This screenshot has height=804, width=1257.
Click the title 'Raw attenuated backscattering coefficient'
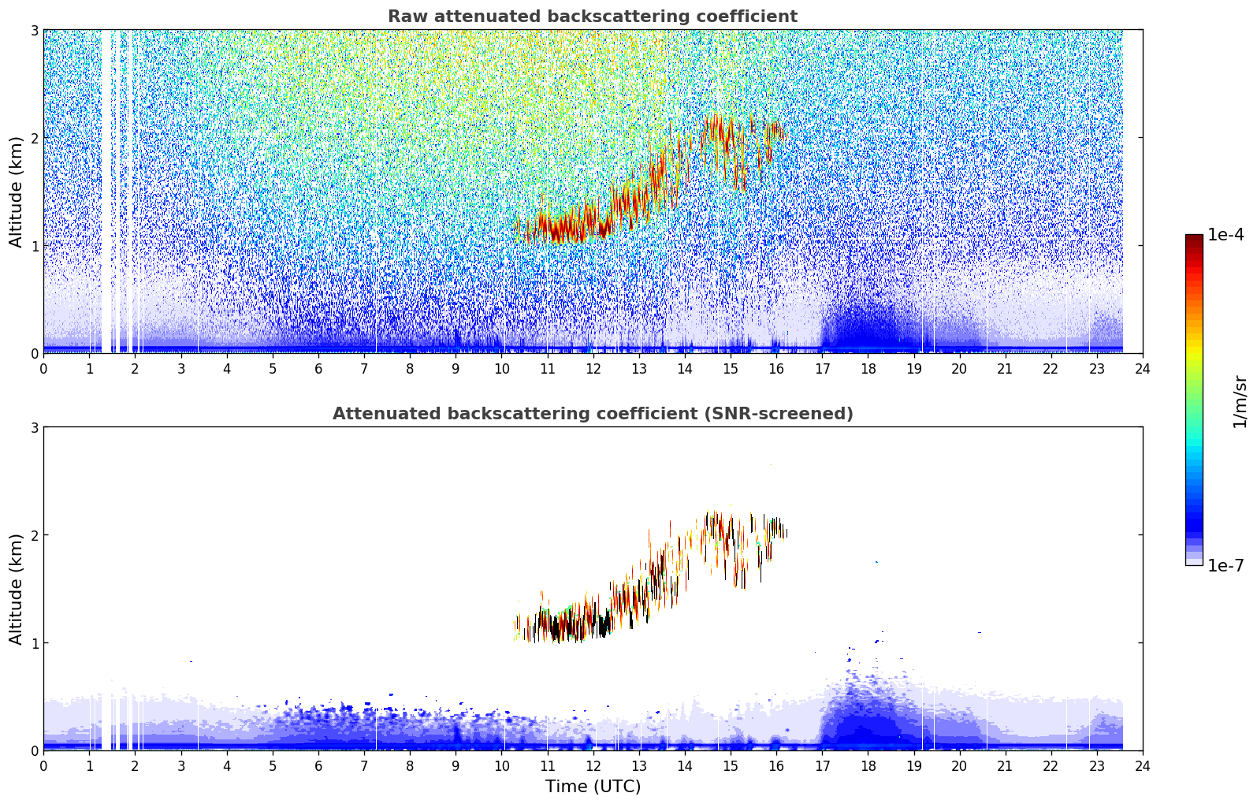point(592,17)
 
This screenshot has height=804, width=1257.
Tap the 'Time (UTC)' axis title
point(593,787)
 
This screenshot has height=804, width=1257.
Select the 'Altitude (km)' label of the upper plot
point(17,192)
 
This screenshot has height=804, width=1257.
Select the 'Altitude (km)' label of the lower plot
point(17,589)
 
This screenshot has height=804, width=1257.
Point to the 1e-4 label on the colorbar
point(1225,235)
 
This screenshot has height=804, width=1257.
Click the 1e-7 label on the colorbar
point(1225,565)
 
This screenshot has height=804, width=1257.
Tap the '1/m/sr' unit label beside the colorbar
point(1240,401)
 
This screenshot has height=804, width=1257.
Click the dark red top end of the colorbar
point(1194,239)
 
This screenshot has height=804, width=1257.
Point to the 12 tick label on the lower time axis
point(593,766)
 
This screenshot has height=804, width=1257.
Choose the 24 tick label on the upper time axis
point(1142,369)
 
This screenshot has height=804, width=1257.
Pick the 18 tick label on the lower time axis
point(868,766)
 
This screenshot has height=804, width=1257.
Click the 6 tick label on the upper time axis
point(318,369)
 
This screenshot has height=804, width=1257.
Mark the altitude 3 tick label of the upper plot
point(34,30)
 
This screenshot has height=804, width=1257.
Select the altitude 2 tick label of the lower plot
point(34,535)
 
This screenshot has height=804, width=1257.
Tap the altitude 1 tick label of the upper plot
point(34,246)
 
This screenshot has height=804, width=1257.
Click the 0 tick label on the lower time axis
point(43,766)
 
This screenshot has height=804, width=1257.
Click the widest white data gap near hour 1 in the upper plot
point(106,189)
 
